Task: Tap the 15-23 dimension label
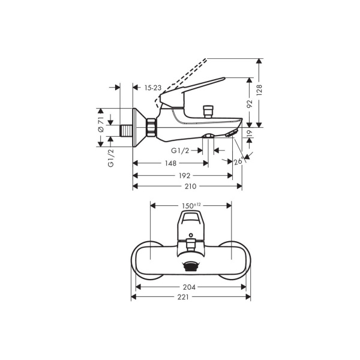click(154, 88)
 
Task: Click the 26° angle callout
click(238, 160)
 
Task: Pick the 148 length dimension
click(170, 164)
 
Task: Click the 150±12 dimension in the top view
click(191, 205)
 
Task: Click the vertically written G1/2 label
click(111, 157)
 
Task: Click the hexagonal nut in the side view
click(151, 127)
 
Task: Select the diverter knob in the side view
click(209, 111)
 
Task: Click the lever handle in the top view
click(191, 225)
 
